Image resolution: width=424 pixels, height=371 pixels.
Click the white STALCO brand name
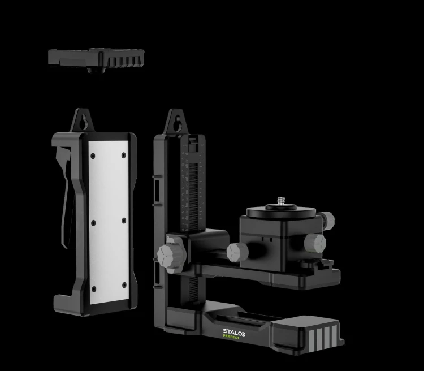[x=234, y=333]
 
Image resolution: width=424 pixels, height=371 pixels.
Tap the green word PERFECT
[x=231, y=337]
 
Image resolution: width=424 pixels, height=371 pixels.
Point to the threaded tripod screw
[x=280, y=201]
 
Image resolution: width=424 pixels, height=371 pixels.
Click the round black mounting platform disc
[x=281, y=212]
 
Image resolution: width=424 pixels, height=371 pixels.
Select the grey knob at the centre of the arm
[x=237, y=252]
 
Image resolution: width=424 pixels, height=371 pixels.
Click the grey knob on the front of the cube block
[x=315, y=243]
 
